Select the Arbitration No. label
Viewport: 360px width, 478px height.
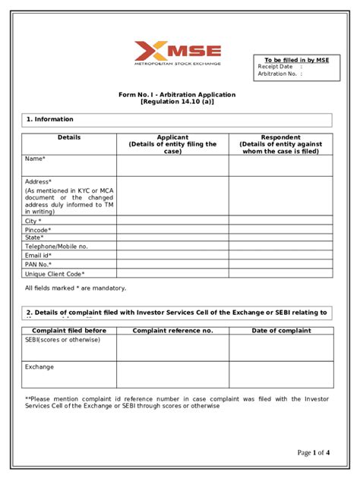point(278,74)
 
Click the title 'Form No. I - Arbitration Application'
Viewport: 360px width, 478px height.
point(177,95)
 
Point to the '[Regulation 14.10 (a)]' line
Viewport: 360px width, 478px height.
point(177,102)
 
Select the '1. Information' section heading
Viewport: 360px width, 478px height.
point(50,119)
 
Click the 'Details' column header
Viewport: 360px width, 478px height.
point(68,137)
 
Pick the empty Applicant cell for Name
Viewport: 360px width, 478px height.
point(172,165)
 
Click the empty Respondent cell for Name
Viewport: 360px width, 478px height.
point(280,165)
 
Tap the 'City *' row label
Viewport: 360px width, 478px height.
point(33,221)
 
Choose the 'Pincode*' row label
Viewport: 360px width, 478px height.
point(38,229)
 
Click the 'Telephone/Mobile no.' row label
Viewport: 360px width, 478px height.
point(56,246)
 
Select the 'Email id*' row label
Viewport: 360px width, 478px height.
point(39,255)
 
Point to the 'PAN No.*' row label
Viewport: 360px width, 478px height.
point(39,264)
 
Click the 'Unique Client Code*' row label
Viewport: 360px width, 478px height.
point(55,273)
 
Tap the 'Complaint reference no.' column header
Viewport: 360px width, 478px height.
point(172,331)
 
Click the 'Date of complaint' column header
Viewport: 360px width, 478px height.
point(280,331)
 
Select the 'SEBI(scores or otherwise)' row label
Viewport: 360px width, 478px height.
point(62,339)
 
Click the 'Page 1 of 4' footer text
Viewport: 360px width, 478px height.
point(314,453)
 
